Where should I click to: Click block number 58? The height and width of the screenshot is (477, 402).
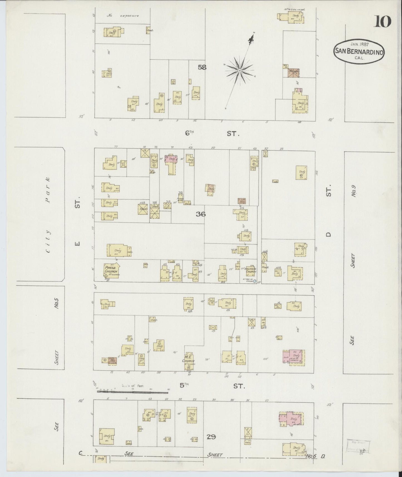pyautogui.click(x=202, y=67)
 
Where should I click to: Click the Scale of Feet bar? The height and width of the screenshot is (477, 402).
pyautogui.click(x=133, y=392)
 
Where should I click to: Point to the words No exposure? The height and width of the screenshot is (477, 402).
pyautogui.click(x=123, y=16)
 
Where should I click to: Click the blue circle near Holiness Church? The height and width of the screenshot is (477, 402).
pyautogui.click(x=254, y=281)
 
